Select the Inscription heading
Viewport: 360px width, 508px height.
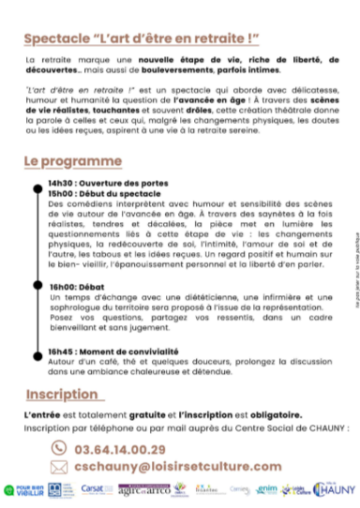click(62, 366)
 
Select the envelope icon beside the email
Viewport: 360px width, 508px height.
click(58, 466)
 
